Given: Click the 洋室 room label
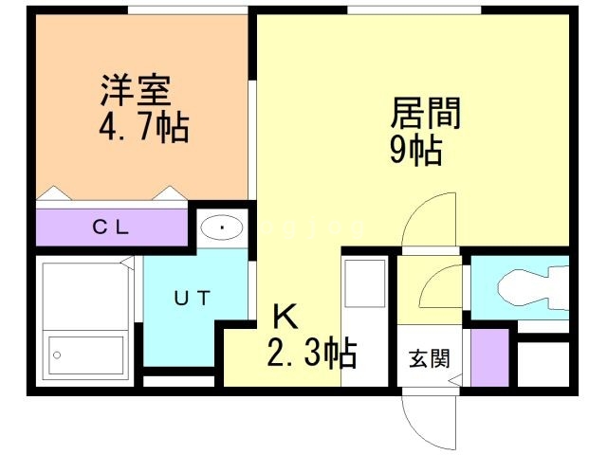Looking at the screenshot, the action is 135,90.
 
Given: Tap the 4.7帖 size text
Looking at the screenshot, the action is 144,126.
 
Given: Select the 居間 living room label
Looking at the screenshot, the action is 426,113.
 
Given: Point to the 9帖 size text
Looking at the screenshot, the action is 415,150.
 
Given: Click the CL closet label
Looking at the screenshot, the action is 110,227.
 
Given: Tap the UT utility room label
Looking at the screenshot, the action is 192,299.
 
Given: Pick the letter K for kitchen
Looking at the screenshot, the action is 285,316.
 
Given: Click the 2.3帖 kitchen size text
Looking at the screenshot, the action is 312,353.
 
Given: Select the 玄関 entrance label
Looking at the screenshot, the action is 430,358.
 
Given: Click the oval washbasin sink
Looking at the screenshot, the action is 222,227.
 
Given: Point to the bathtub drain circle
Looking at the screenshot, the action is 57,355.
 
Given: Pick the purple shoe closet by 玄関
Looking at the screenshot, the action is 489,357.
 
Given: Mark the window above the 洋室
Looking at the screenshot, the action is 188,10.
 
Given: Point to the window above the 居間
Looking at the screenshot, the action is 414,10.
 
